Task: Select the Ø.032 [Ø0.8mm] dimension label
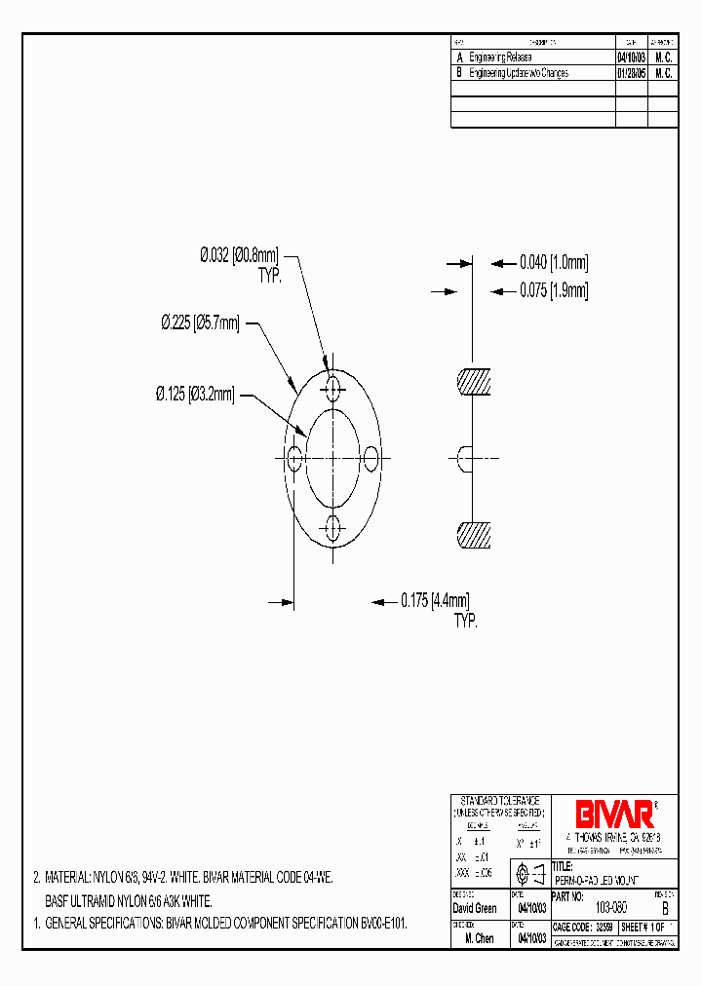pyautogui.click(x=241, y=255)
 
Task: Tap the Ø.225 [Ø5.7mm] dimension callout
pyautogui.click(x=200, y=323)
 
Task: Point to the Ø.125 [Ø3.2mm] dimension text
pyautogui.click(x=195, y=395)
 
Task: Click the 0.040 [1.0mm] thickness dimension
pyautogui.click(x=554, y=262)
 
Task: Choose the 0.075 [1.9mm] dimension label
pyautogui.click(x=554, y=290)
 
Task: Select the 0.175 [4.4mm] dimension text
pyautogui.click(x=435, y=601)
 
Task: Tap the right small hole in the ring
pyautogui.click(x=370, y=455)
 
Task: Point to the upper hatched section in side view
pyautogui.click(x=475, y=382)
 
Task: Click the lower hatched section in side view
pyautogui.click(x=475, y=535)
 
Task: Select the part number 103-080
pyautogui.click(x=610, y=907)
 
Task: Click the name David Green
pyautogui.click(x=476, y=908)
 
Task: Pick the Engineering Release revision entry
pyautogui.click(x=500, y=58)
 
